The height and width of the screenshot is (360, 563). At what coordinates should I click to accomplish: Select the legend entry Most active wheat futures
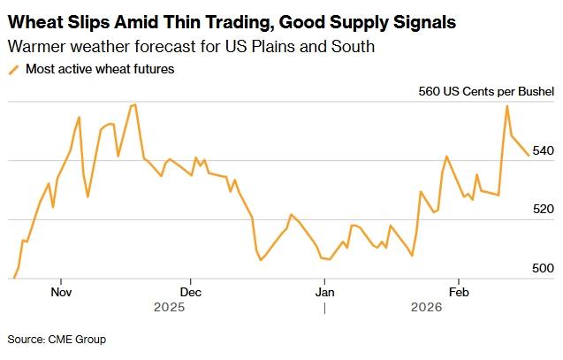[x=100, y=69]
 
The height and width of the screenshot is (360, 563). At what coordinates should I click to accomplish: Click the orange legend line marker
[x=13, y=69]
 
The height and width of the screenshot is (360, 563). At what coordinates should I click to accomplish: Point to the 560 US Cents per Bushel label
[x=485, y=91]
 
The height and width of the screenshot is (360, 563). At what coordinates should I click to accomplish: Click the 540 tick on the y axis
[x=542, y=151]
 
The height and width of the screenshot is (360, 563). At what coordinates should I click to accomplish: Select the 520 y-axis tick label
[x=542, y=210]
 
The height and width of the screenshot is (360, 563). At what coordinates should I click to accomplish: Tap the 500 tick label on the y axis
[x=542, y=268]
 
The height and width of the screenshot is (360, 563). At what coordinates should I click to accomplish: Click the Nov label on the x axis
[x=61, y=291]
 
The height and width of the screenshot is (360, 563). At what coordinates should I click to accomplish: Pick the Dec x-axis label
[x=191, y=291]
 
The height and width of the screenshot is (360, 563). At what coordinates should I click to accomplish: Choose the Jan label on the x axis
[x=324, y=291]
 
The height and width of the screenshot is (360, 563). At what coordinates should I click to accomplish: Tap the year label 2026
[x=427, y=307]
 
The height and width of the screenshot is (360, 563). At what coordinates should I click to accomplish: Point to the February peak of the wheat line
[x=507, y=106]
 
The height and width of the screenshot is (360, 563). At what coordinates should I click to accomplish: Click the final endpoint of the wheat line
[x=529, y=155]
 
